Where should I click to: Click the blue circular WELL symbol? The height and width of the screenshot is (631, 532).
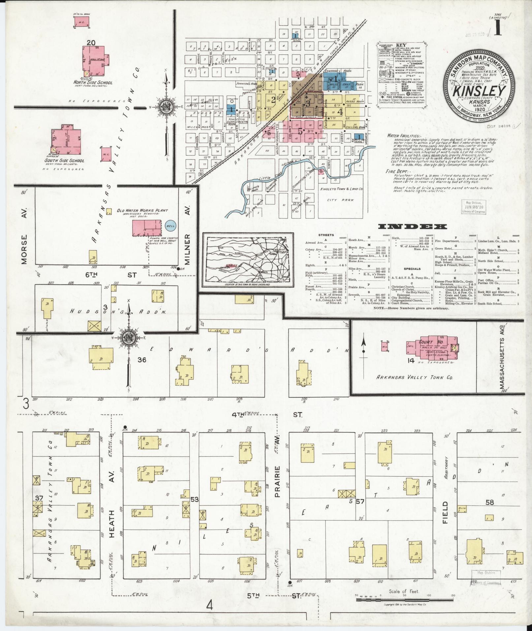171,226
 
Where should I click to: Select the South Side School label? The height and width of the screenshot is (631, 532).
64,161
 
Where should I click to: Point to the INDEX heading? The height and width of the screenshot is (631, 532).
413,227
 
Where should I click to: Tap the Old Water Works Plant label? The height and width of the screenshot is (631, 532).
142,210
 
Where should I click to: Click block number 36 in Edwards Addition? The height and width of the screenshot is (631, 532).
142,360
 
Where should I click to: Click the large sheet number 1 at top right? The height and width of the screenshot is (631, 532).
498,30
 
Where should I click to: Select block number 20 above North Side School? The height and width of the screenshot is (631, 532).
91,42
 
